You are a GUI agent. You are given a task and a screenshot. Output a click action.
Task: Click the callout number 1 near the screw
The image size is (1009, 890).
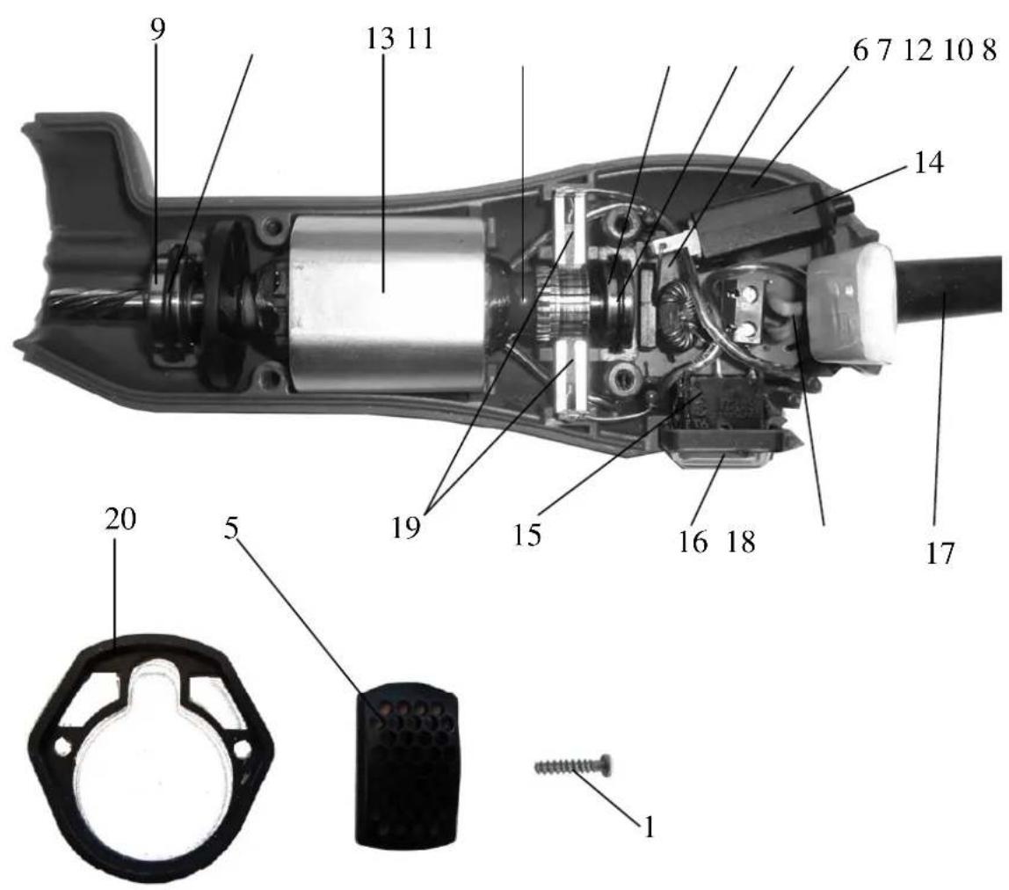pos(649,827)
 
